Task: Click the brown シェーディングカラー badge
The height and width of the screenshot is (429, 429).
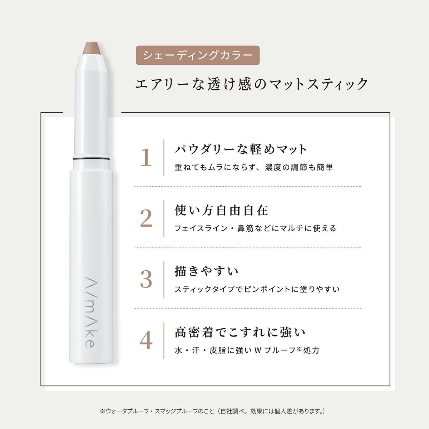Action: (198, 55)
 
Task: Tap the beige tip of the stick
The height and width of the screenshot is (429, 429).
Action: (92, 48)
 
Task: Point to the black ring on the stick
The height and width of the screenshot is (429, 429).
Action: (91, 158)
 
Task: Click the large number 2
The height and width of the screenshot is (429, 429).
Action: (146, 218)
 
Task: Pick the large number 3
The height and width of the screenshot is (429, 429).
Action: (146, 280)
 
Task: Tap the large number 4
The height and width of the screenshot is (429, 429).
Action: (146, 340)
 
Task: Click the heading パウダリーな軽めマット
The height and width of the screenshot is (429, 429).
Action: (241, 149)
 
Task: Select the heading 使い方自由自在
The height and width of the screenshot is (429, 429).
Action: (221, 210)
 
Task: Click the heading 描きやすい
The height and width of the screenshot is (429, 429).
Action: (206, 271)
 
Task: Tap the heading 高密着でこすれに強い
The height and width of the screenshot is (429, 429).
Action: (240, 332)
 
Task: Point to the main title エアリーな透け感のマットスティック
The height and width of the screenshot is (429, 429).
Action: (251, 84)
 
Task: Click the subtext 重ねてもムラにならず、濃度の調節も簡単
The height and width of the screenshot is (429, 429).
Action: (254, 167)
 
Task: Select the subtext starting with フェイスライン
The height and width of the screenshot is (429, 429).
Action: (255, 228)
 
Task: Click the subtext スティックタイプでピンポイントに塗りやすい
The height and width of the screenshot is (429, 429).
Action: (257, 290)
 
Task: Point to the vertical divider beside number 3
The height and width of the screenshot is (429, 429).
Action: (164, 280)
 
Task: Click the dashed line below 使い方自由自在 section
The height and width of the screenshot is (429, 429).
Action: (248, 247)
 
